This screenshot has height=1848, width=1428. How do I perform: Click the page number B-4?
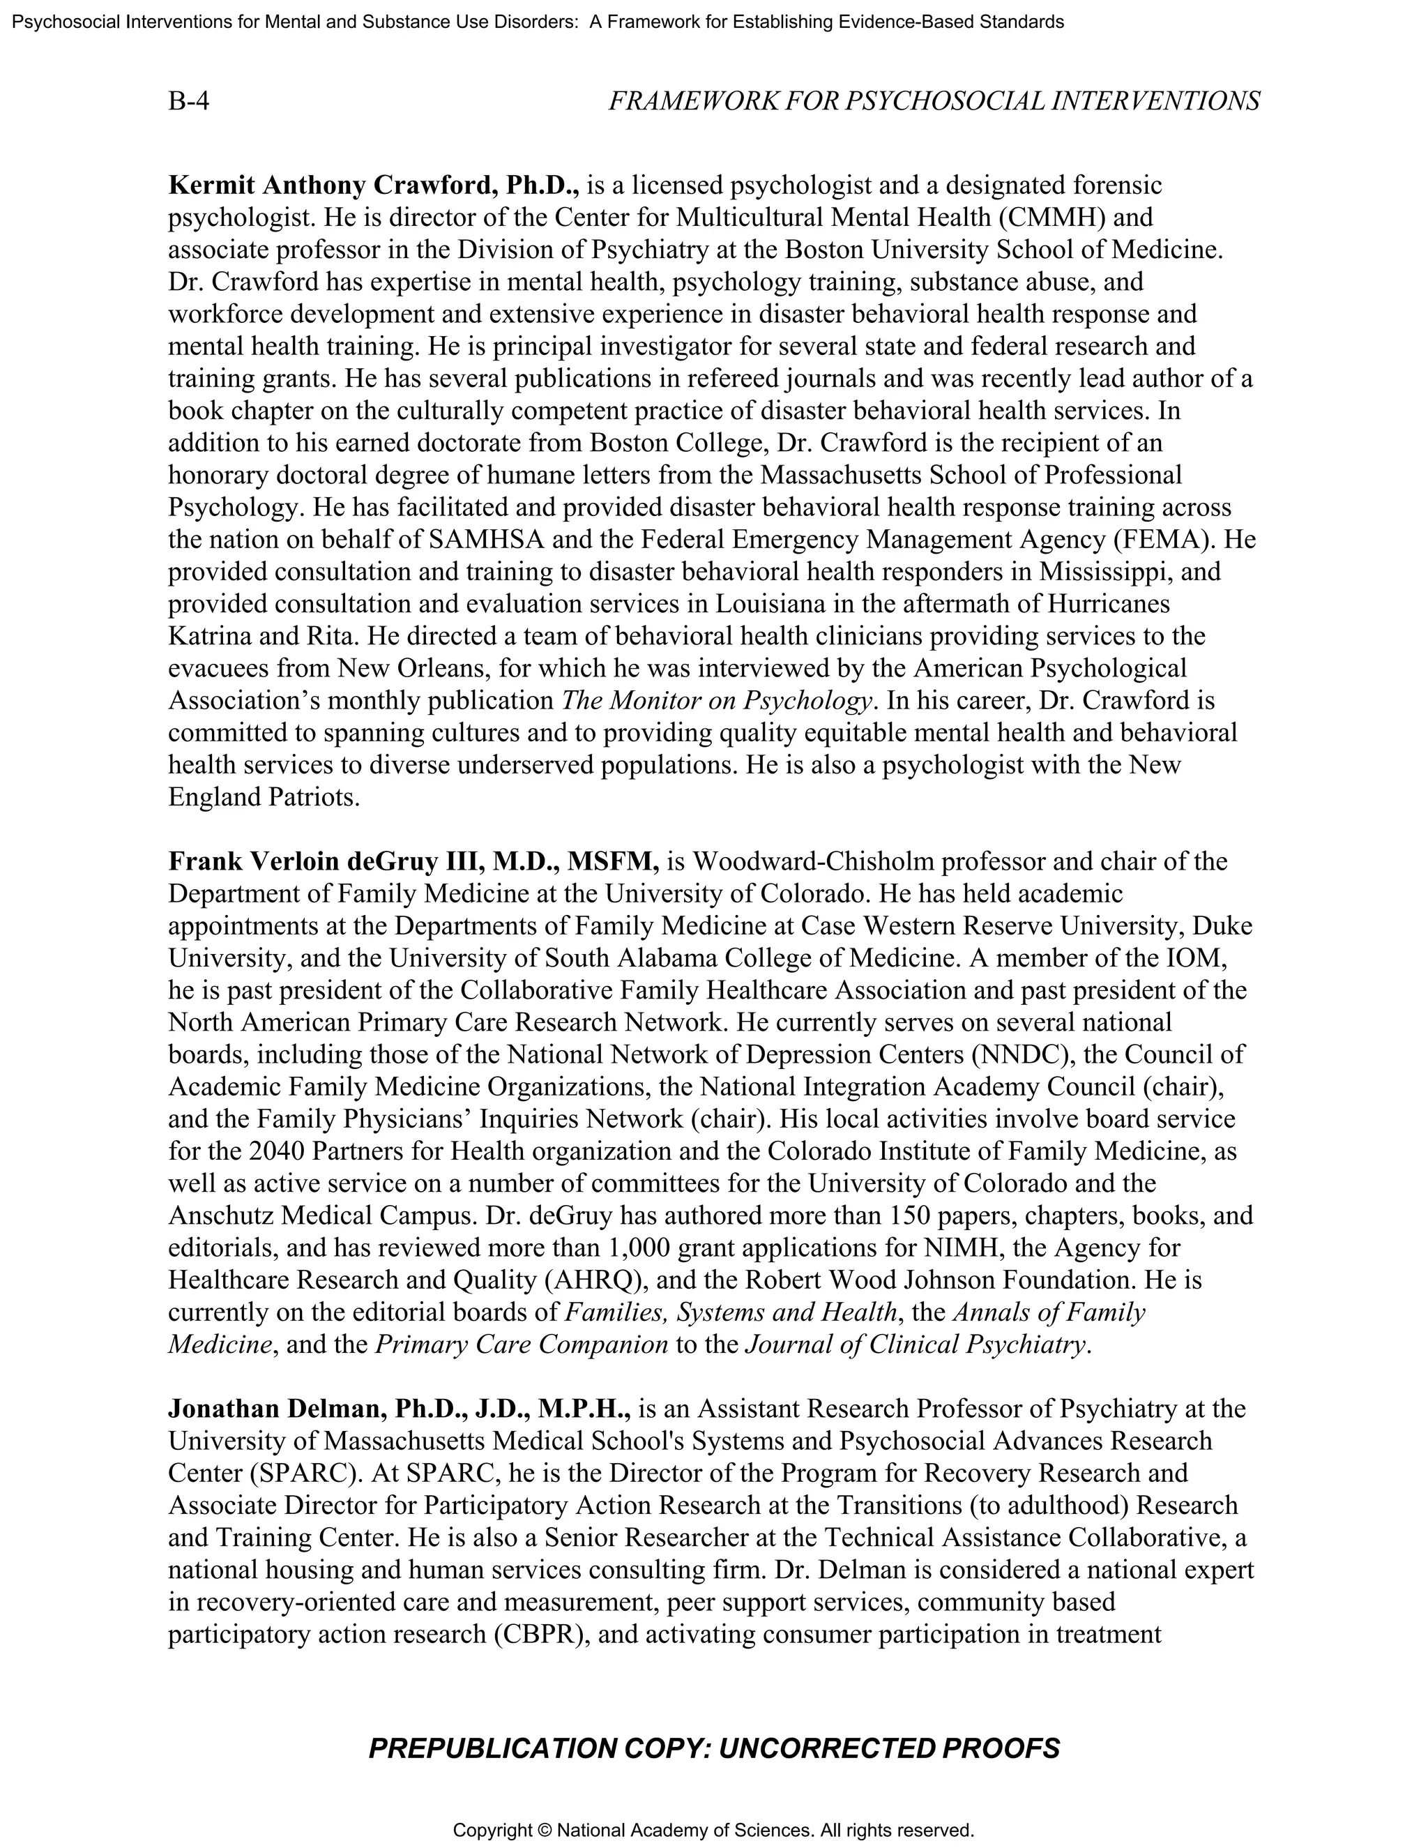(x=189, y=102)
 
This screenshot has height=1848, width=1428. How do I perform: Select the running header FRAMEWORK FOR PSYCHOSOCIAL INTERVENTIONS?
(x=933, y=102)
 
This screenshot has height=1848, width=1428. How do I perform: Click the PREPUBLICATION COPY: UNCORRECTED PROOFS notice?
(x=713, y=1748)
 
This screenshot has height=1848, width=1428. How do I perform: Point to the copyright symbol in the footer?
(x=545, y=1831)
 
